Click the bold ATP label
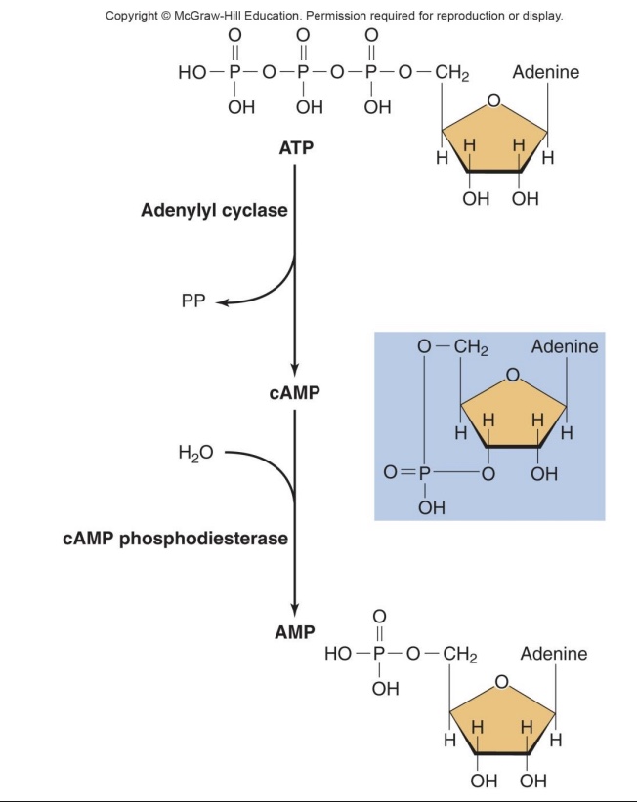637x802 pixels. [296, 148]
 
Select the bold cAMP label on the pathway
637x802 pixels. [295, 393]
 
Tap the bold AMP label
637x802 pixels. [295, 631]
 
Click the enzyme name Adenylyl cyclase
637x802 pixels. [214, 211]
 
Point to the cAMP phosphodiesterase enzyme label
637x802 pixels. [176, 540]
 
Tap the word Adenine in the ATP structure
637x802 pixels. [545, 74]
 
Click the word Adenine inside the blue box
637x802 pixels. [565, 347]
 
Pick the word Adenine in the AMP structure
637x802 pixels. [554, 654]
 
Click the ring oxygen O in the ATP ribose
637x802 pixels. [494, 100]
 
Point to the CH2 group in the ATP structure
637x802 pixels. [453, 74]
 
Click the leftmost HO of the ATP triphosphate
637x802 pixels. [193, 74]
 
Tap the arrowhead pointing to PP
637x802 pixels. [222, 301]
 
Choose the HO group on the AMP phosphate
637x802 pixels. [340, 654]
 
